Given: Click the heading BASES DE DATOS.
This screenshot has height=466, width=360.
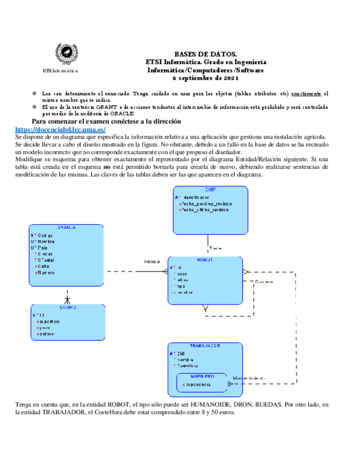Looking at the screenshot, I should pyautogui.click(x=206, y=54).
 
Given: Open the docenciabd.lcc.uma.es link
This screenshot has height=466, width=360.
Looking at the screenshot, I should pyautogui.click(x=60, y=130).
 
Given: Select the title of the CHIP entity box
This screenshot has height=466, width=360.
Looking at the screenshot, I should pyautogui.click(x=210, y=190).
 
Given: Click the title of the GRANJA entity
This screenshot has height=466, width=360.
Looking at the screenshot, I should pyautogui.click(x=67, y=227).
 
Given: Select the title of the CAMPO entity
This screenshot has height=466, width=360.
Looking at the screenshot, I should pyautogui.click(x=68, y=308).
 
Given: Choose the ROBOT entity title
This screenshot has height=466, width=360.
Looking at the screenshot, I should pyautogui.click(x=204, y=259).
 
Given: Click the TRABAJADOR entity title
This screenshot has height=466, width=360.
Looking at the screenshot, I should pyautogui.click(x=204, y=346).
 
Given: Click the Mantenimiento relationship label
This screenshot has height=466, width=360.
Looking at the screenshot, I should pyautogui.click(x=249, y=378).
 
